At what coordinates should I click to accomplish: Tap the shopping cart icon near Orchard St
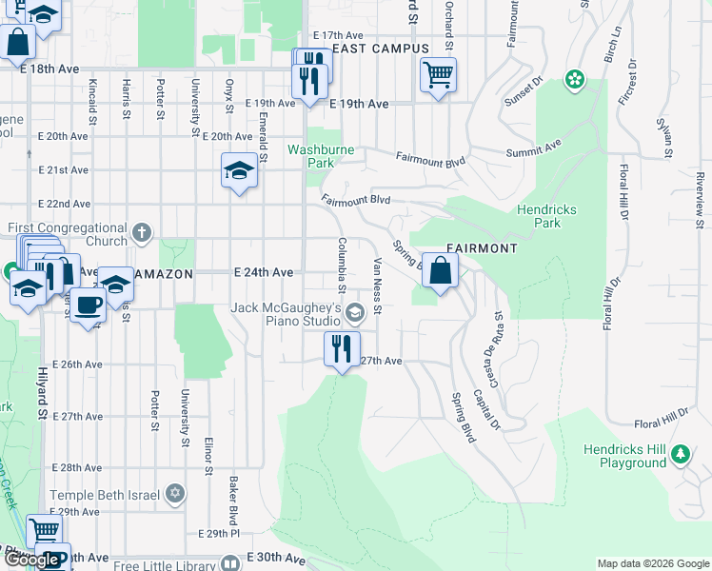438,74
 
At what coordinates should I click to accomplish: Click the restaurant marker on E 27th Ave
343,348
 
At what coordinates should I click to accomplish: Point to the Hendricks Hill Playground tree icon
681,453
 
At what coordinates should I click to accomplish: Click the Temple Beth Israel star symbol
174,494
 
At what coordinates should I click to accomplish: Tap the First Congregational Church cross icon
141,232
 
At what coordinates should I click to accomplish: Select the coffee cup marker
89,306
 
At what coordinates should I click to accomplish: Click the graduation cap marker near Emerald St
239,171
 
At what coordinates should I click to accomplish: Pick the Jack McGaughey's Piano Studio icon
354,312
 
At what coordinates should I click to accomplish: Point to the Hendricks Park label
547,216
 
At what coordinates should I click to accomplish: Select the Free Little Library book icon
230,562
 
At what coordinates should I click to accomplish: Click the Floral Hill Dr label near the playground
663,416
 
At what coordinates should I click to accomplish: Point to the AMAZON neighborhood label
165,273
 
